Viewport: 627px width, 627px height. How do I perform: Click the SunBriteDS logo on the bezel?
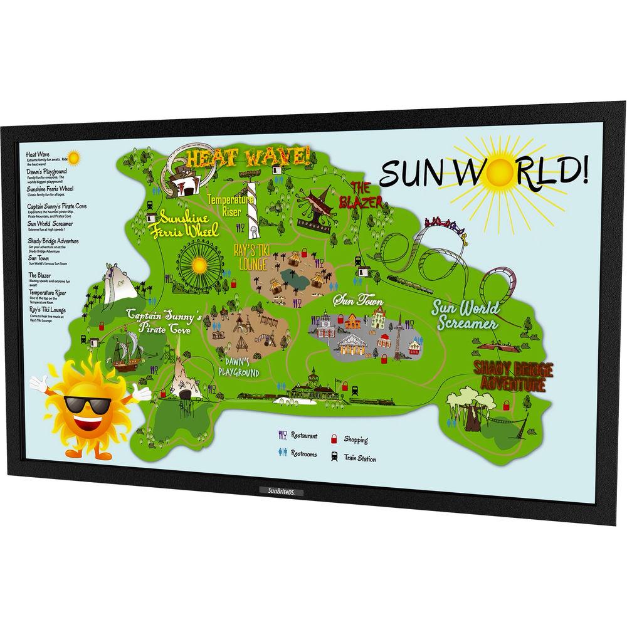[280, 491]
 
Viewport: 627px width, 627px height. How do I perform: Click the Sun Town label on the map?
[358, 300]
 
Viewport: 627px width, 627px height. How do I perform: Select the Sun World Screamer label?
[465, 315]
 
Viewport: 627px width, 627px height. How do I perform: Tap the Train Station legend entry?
[352, 458]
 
